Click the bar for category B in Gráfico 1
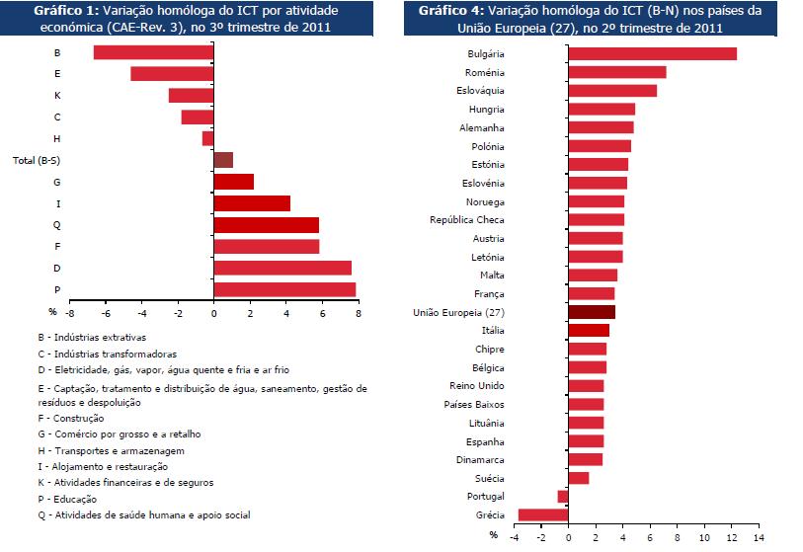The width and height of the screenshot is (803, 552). coord(153,52)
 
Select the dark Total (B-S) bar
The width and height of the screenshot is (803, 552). coord(223,160)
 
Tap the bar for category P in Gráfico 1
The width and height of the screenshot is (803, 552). coord(284,289)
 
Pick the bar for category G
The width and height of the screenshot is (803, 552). coord(234,182)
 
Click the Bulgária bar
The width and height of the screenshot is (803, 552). coord(652,53)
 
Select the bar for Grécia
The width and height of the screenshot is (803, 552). coord(543,514)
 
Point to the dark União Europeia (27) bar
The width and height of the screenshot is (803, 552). coord(592,312)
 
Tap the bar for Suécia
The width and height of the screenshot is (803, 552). coord(579,478)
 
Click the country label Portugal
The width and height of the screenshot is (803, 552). coord(485,496)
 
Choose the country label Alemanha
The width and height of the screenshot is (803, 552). coord(482,127)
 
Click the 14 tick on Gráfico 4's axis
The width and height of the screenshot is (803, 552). coord(758,540)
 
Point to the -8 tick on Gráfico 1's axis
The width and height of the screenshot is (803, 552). coord(70,314)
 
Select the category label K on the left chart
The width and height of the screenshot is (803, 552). coord(57,95)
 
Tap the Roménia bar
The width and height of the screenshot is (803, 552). coord(617,72)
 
